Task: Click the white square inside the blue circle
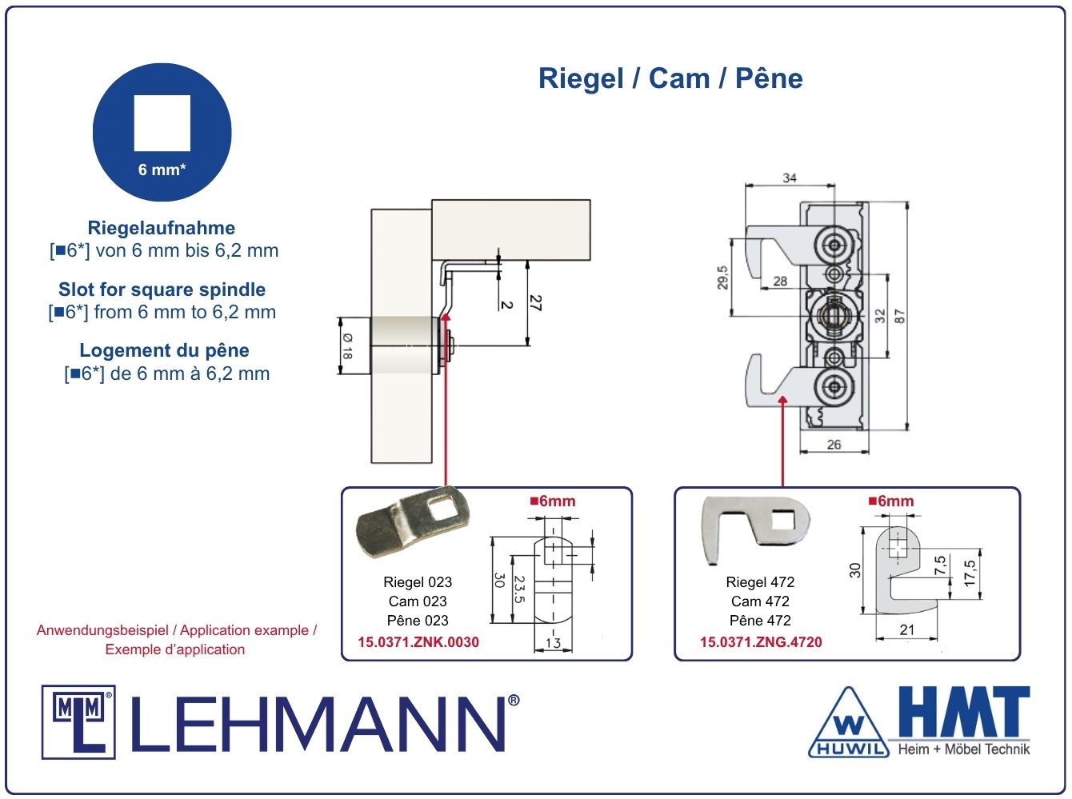pyautogui.click(x=162, y=123)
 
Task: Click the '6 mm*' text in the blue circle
pyautogui.click(x=162, y=170)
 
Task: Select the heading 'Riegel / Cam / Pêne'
pyautogui.click(x=670, y=78)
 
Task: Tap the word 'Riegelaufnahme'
pyautogui.click(x=161, y=228)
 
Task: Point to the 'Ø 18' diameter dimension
pyautogui.click(x=347, y=346)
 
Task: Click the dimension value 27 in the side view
pyautogui.click(x=536, y=302)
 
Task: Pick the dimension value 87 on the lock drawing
pyautogui.click(x=900, y=316)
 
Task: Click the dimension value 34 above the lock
pyautogui.click(x=790, y=178)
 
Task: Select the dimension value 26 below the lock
pyautogui.click(x=834, y=444)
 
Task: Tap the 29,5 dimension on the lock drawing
pyautogui.click(x=722, y=278)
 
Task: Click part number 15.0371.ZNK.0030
pyautogui.click(x=418, y=641)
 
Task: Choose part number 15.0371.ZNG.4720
pyautogui.click(x=761, y=641)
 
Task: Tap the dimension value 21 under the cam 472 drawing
pyautogui.click(x=906, y=629)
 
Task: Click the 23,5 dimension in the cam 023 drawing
pyautogui.click(x=519, y=589)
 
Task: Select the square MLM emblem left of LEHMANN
pyautogui.click(x=78, y=722)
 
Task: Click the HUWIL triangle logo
pyautogui.click(x=849, y=723)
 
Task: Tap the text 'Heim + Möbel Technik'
pyautogui.click(x=963, y=749)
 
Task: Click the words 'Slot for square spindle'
pyautogui.click(x=162, y=290)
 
